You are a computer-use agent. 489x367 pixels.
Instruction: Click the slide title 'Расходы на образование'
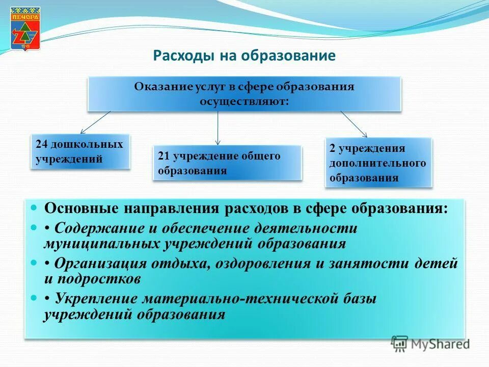tap(244, 55)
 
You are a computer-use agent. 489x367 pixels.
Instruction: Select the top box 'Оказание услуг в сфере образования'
tap(244, 94)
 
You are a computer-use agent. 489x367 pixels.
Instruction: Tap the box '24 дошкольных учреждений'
tap(79, 151)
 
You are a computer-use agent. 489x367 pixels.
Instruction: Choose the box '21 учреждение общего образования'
tap(227, 163)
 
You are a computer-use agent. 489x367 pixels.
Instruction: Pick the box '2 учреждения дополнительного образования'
tap(378, 163)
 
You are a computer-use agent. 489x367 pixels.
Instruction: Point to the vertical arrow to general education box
tap(218, 127)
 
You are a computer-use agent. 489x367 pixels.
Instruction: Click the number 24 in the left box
tap(41, 144)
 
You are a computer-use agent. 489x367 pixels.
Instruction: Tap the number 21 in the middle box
tap(164, 156)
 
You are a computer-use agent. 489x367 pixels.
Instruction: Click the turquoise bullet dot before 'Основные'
tap(34, 208)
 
